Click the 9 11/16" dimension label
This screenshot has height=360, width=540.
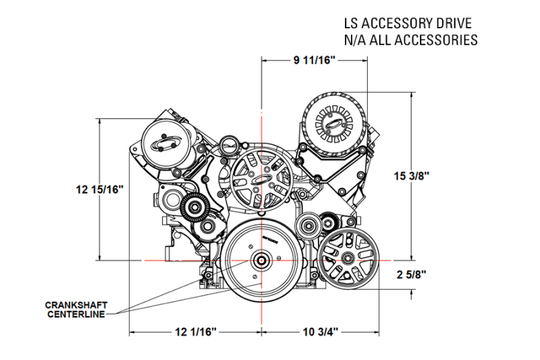pos(314,61)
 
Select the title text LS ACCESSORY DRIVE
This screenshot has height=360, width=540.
pos(410,22)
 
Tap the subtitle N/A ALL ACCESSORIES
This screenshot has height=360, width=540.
pos(411,39)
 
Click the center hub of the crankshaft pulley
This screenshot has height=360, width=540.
pos(261,260)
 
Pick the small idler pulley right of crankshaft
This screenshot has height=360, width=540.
pos(311,226)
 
